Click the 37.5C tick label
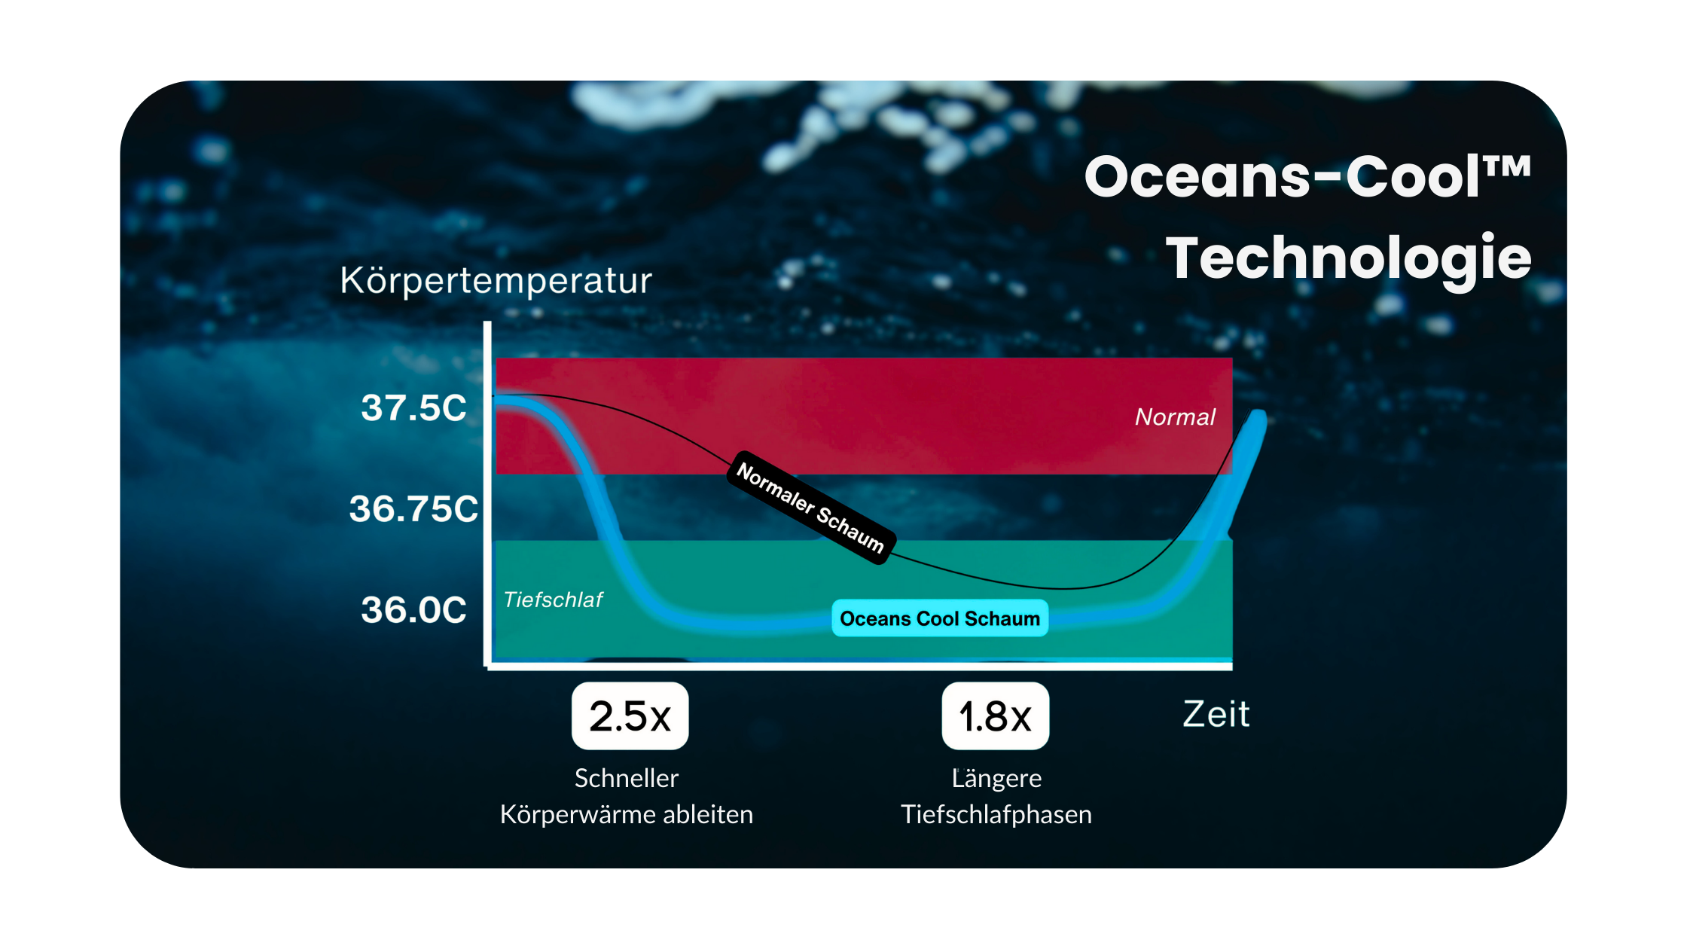pos(413,407)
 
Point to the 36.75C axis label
pos(413,508)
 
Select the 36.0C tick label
pos(413,609)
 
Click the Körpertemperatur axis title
pos(496,281)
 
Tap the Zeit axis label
pos(1216,714)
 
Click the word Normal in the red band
pos(1175,417)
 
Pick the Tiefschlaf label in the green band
pos(553,600)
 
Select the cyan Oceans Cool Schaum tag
pos(939,618)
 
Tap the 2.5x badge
pos(630,716)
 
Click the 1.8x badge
pos(995,716)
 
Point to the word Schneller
pos(627,778)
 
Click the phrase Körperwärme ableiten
pos(627,814)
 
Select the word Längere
pos(996,779)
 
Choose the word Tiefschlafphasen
pos(996,814)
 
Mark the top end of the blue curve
pos(1258,413)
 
